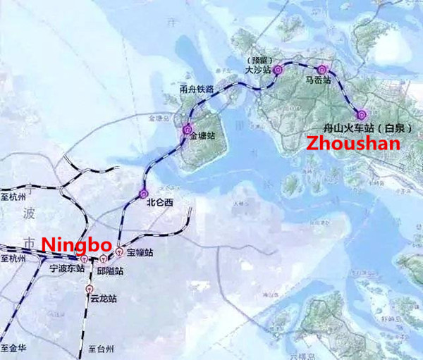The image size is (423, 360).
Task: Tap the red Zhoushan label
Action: click(x=352, y=143)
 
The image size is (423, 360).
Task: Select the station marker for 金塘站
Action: click(x=187, y=130)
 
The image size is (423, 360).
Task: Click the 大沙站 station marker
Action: click(x=277, y=69)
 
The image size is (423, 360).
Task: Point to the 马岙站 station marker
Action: click(x=322, y=69)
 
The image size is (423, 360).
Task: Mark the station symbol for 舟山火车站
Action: click(x=362, y=114)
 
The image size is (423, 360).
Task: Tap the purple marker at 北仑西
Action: click(x=144, y=193)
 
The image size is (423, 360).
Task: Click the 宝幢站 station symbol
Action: click(x=120, y=250)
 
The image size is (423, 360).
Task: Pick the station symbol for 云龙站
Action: click(x=90, y=288)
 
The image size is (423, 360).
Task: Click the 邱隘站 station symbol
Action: click(x=103, y=259)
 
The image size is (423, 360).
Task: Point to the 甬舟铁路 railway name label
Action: click(x=197, y=87)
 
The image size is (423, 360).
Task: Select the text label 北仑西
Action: click(x=159, y=202)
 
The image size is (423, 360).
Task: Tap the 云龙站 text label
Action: click(x=103, y=299)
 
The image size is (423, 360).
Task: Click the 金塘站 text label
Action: click(x=203, y=138)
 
